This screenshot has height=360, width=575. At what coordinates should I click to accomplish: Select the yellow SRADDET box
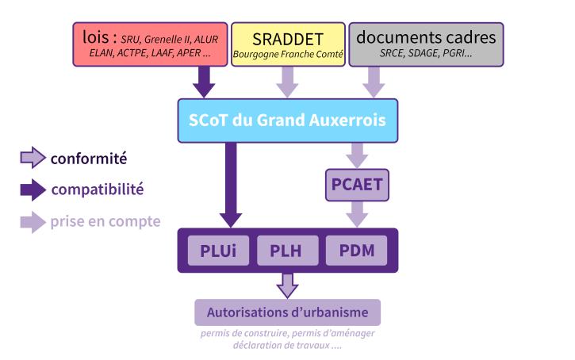[x=287, y=44]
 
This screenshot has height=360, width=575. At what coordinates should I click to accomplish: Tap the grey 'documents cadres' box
[x=426, y=44]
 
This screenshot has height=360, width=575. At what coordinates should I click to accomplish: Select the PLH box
[x=287, y=252]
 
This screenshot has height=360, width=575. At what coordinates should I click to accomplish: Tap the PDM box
[x=356, y=252]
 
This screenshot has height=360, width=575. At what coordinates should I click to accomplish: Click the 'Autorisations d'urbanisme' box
[x=287, y=311]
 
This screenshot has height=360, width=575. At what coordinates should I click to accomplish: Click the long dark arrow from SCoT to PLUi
[x=231, y=183]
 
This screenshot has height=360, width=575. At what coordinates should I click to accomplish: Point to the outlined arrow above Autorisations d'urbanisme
[x=287, y=284]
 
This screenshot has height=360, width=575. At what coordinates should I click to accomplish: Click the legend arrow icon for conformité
[x=33, y=159]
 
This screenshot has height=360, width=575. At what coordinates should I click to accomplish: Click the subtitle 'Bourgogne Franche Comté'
[x=287, y=55]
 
